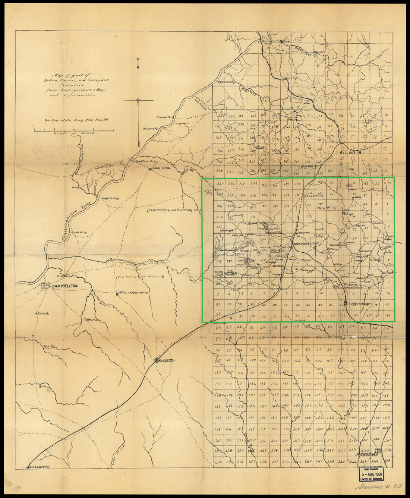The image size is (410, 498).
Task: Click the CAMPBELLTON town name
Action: click(66, 286)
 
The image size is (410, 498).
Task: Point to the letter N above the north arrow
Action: click(138, 60)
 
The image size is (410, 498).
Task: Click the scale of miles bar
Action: click(74, 130)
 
